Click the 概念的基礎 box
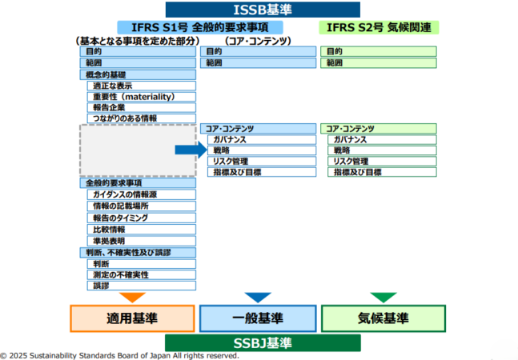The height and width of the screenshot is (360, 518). (x=139, y=74)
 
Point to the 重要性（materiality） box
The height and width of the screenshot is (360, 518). (x=143, y=96)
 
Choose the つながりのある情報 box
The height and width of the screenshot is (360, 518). (x=143, y=118)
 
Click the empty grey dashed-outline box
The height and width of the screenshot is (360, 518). (x=138, y=150)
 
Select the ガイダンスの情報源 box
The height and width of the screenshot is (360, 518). (x=143, y=194)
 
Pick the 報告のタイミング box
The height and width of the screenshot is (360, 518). (x=143, y=218)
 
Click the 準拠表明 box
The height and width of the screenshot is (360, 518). (x=143, y=240)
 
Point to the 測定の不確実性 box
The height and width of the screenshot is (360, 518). (x=143, y=274)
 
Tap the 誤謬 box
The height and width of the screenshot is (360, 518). (x=143, y=286)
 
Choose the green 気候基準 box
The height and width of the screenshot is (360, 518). (x=383, y=318)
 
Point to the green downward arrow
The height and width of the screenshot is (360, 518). (x=383, y=297)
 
